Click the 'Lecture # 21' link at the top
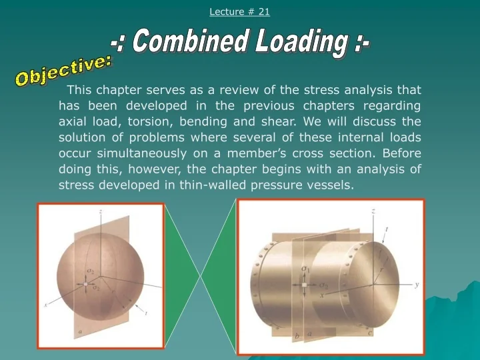[x=239, y=11]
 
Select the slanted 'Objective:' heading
[x=64, y=71]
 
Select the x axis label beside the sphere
[x=46, y=304]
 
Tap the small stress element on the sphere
[x=86, y=285]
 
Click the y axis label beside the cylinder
[x=416, y=284]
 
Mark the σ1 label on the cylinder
[x=305, y=269]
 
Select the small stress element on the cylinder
[x=304, y=285]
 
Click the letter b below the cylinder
[x=297, y=337]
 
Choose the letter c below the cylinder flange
[x=370, y=332]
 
